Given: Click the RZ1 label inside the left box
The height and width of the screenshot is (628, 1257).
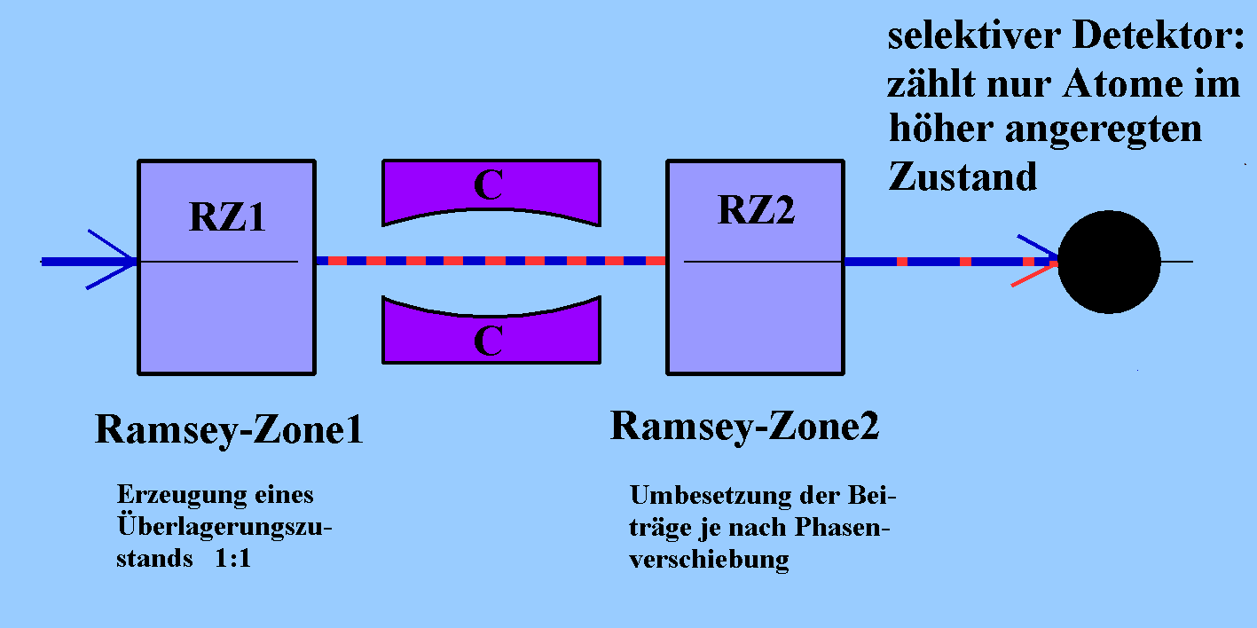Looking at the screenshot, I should tap(227, 216).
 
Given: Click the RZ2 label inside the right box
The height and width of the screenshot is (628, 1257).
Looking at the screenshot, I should tap(757, 210).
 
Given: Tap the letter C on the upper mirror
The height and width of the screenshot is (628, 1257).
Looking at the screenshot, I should tap(489, 185).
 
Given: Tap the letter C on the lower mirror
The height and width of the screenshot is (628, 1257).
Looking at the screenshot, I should tap(489, 341).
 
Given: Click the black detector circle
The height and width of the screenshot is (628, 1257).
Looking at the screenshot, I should tap(1109, 262).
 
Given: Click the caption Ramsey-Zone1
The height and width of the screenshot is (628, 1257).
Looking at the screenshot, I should tap(229, 431).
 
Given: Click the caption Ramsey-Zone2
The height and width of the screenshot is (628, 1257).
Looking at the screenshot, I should tap(744, 427).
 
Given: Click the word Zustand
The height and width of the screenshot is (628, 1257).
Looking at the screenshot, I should tap(962, 177).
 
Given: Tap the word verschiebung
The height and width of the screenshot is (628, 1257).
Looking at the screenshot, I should tap(709, 561).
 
